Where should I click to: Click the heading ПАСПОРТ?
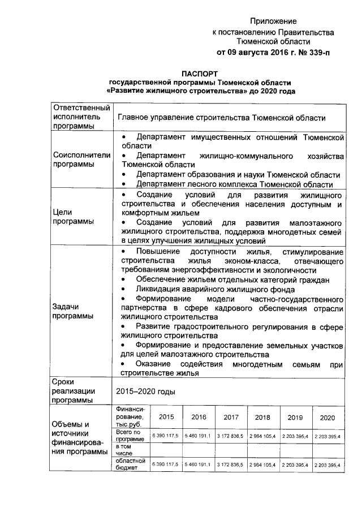click(200, 74)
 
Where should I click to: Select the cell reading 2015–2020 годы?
click(145, 391)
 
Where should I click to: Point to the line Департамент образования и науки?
click(238, 175)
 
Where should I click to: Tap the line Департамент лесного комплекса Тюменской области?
click(234, 184)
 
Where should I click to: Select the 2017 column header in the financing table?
click(231, 417)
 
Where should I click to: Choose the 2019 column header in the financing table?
click(295, 417)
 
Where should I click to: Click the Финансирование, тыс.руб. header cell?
click(130, 416)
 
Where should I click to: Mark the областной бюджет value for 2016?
click(198, 464)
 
